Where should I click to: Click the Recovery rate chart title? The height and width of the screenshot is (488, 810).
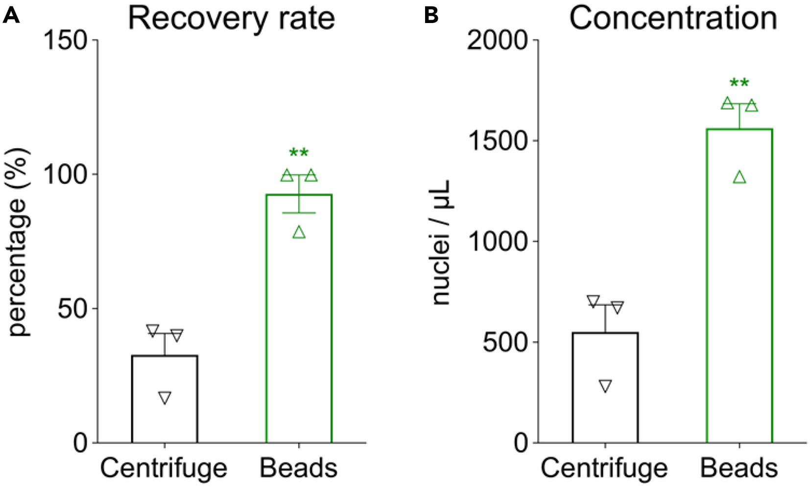tap(231, 19)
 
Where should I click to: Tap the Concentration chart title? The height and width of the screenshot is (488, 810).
tap(673, 19)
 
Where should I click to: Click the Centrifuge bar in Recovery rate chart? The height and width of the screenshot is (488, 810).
tap(165, 416)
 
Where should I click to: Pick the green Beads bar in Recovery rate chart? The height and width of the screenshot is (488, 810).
tap(299, 343)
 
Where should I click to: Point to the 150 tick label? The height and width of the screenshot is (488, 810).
tap(65, 40)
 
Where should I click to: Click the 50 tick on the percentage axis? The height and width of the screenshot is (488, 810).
tap(72, 309)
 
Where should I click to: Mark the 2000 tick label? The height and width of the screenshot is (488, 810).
tap(498, 40)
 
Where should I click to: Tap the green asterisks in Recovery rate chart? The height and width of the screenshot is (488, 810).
tap(299, 153)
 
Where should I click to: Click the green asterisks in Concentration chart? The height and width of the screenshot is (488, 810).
tap(739, 83)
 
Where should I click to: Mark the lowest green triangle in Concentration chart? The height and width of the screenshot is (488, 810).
tap(739, 177)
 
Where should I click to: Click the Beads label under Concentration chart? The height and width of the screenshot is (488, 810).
tap(739, 468)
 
